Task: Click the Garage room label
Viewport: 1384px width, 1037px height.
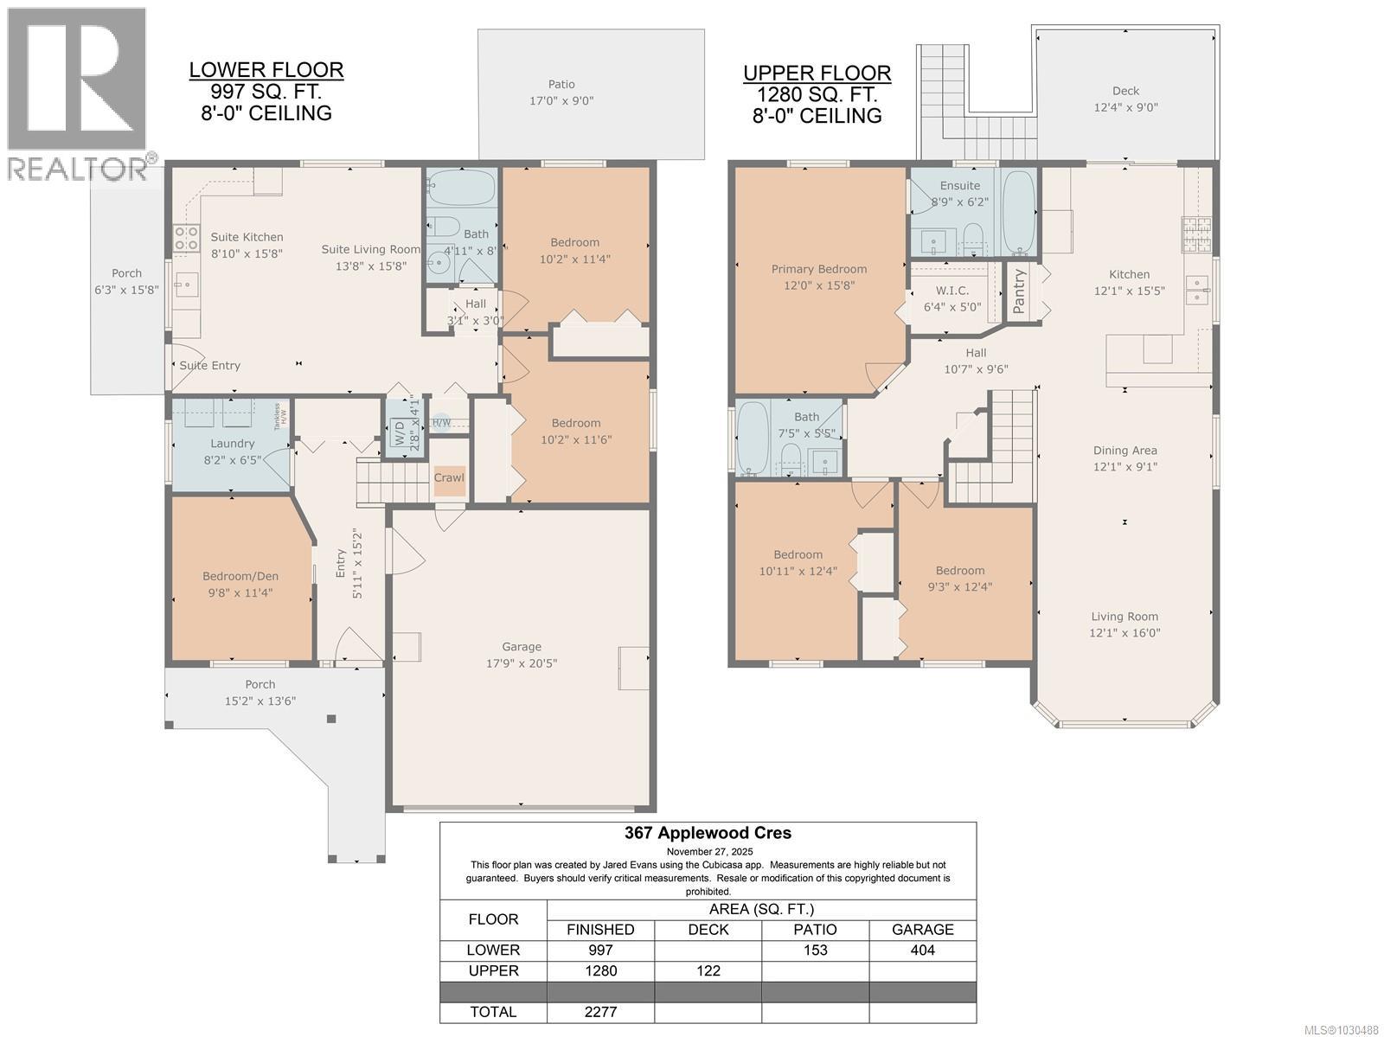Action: tap(522, 647)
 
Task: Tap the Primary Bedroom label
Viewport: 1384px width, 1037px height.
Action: tap(819, 269)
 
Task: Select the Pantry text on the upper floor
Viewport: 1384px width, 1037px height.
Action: tap(1019, 291)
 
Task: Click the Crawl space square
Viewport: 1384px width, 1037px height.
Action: tap(449, 478)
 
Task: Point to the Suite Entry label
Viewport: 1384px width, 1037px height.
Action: tap(210, 366)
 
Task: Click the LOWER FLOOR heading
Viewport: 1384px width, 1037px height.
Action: tap(266, 70)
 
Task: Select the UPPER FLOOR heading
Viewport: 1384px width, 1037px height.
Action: tap(817, 74)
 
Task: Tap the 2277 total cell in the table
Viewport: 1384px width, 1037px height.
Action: tap(600, 1012)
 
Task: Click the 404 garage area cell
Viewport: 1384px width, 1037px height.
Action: tap(922, 950)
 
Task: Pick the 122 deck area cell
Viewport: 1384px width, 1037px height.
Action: tap(708, 970)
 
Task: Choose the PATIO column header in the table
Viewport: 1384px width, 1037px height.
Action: tap(815, 930)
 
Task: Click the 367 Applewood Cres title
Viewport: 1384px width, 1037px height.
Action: tap(708, 834)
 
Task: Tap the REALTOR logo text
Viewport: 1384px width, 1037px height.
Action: tap(78, 169)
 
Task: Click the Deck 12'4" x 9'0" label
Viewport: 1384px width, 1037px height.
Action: tap(1125, 99)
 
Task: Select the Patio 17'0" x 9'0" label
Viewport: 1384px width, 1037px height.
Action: tap(561, 92)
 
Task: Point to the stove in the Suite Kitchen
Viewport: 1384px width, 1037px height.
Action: tap(187, 238)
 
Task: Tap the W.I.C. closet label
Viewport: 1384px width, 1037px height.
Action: tap(951, 291)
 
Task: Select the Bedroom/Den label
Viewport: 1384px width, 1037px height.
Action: tap(240, 577)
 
